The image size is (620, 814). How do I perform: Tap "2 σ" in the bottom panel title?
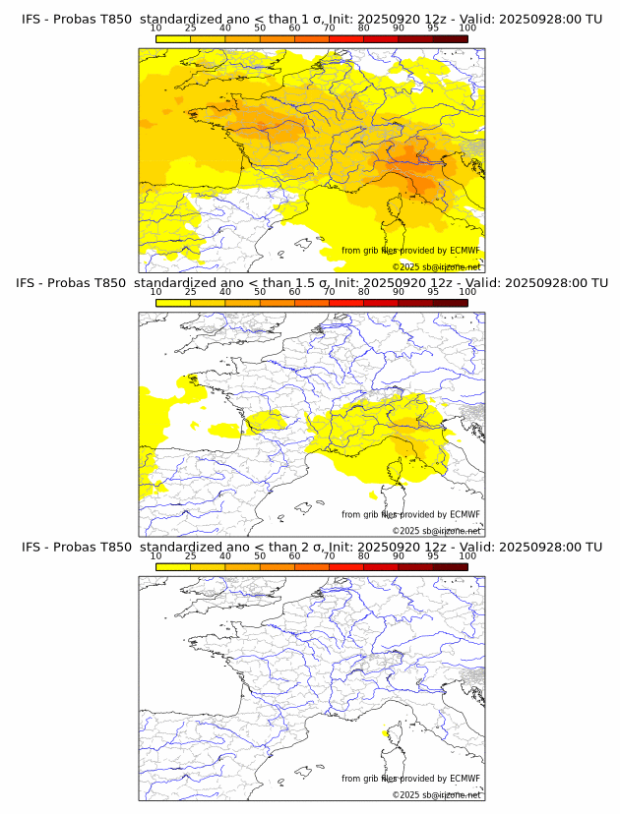click(303, 547)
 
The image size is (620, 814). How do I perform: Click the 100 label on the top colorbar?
click(467, 29)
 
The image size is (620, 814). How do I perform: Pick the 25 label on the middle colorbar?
click(190, 292)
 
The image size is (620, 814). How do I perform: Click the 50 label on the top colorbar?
click(260, 29)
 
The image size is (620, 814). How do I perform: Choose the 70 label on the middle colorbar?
click(329, 292)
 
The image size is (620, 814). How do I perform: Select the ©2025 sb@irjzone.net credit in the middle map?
click(436, 531)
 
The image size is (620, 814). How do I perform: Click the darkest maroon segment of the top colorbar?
click(450, 38)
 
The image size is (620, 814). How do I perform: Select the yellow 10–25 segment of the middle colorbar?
click(173, 303)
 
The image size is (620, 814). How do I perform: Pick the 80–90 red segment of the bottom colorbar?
click(381, 567)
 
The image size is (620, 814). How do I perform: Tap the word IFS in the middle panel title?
click(31, 283)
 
